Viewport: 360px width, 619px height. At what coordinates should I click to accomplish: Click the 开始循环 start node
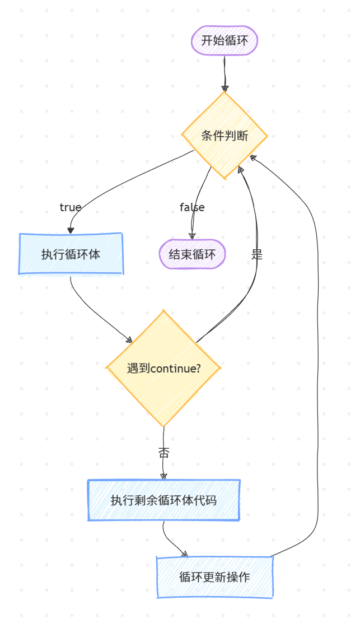click(225, 40)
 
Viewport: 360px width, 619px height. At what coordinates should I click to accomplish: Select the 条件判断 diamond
click(225, 136)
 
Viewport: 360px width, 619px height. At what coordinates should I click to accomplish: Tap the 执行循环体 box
click(71, 254)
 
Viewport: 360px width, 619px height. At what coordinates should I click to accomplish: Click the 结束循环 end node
click(192, 254)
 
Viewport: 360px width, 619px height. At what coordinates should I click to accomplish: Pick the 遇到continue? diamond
click(163, 369)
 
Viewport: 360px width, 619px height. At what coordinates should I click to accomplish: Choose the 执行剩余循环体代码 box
click(163, 500)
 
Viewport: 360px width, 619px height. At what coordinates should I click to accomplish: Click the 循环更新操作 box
click(214, 577)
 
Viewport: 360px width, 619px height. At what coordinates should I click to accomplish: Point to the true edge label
click(71, 207)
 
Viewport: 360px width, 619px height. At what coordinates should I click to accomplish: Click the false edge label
click(192, 207)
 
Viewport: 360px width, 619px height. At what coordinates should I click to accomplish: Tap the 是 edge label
click(257, 254)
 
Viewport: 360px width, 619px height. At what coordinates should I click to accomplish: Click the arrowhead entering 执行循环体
click(71, 230)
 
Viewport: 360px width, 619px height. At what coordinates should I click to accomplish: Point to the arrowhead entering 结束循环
click(192, 236)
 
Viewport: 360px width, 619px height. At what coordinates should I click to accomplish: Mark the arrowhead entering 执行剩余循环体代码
click(163, 476)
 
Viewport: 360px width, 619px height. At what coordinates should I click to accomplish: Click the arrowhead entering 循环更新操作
click(185, 554)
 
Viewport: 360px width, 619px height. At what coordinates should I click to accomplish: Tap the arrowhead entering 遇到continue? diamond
click(129, 339)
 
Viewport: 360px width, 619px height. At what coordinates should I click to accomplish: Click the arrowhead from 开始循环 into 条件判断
click(225, 88)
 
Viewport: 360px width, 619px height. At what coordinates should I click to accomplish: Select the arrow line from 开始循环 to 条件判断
click(225, 70)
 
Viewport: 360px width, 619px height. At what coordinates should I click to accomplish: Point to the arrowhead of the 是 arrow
click(241, 169)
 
